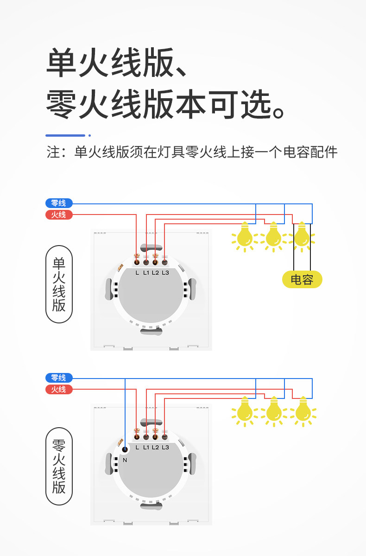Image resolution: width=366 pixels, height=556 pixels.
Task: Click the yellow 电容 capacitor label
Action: (302, 279)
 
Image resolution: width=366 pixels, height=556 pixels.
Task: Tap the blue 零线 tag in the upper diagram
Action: (59, 203)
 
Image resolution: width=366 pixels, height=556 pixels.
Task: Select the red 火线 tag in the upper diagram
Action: (59, 215)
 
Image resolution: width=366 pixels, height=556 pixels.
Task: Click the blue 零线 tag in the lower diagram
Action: (59, 378)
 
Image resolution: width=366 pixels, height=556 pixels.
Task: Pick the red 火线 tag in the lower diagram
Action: (59, 389)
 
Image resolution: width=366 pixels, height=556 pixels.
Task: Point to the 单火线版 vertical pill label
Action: (59, 284)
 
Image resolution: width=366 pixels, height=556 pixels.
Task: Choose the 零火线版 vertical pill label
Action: (59, 466)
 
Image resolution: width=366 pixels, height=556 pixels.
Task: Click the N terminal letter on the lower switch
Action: (125, 460)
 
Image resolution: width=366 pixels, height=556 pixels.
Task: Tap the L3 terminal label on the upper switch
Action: (165, 272)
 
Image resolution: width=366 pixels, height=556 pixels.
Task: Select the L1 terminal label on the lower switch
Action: (146, 447)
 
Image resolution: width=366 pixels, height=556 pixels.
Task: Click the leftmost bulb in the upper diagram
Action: (244, 236)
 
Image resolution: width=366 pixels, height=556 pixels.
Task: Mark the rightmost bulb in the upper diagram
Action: (302, 236)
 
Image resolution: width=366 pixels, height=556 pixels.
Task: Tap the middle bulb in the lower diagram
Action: (273, 411)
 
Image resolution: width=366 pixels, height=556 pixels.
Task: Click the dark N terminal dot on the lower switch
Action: (125, 449)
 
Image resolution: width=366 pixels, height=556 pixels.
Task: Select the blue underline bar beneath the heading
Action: (65, 135)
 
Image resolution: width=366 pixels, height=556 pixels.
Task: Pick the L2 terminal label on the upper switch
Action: (155, 272)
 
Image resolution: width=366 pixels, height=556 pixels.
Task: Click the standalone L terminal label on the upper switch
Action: (137, 272)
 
